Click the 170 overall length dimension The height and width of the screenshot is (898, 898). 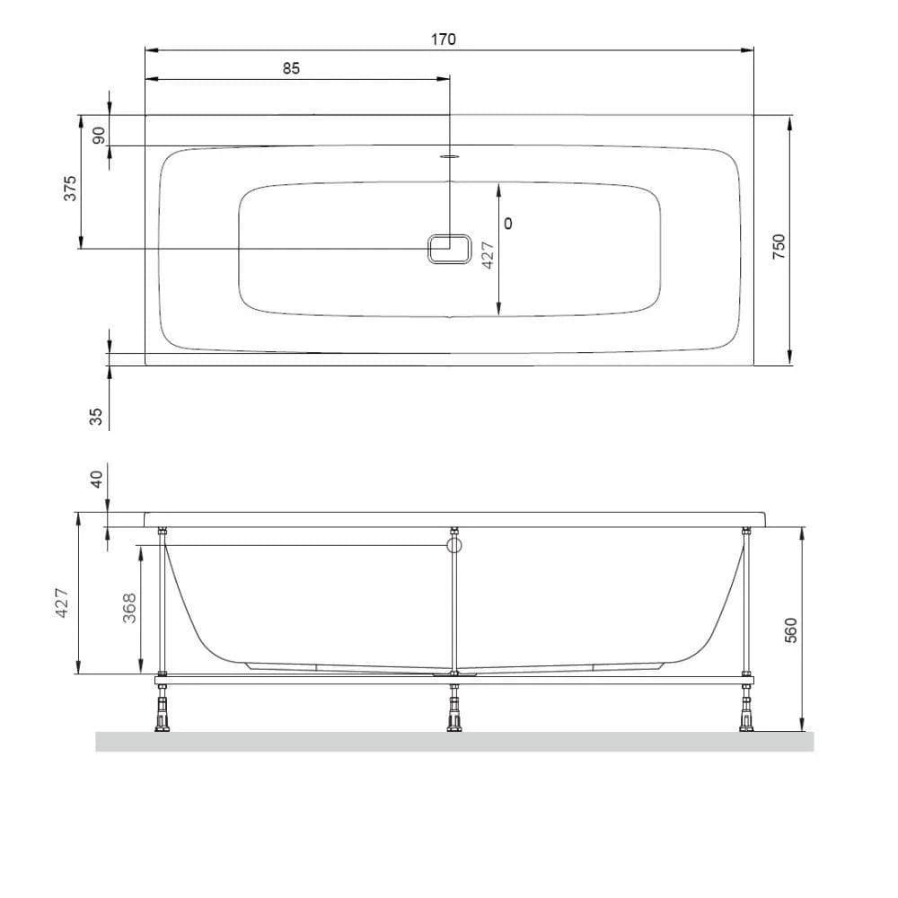[x=444, y=40]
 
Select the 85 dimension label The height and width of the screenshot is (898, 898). [x=291, y=68]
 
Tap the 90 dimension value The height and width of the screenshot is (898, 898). [x=99, y=136]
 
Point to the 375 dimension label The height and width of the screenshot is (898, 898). [x=69, y=188]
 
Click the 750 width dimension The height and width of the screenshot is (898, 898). [x=779, y=247]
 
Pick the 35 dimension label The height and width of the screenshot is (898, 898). [x=96, y=417]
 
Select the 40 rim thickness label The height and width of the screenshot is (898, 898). [x=96, y=479]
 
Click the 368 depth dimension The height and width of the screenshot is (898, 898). [x=130, y=608]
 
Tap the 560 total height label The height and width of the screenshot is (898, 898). [x=790, y=630]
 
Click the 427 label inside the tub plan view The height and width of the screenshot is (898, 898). [x=488, y=255]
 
